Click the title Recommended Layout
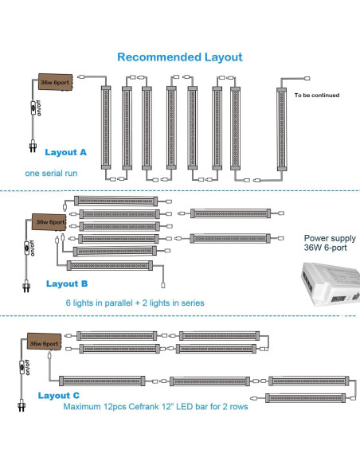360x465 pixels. pyautogui.click(x=180, y=57)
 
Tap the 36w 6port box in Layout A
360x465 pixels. pyautogui.click(x=55, y=82)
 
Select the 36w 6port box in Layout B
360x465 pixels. pyautogui.click(x=49, y=222)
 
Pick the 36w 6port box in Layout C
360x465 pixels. pyautogui.click(x=44, y=342)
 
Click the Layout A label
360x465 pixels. pyautogui.click(x=65, y=152)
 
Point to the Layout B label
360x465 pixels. pyautogui.click(x=67, y=283)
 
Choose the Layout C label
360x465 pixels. pyautogui.click(x=59, y=396)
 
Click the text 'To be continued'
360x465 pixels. pyautogui.click(x=317, y=96)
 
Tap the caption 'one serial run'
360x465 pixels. pyautogui.click(x=51, y=174)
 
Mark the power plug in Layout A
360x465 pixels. pyautogui.click(x=33, y=147)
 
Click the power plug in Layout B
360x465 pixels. pyautogui.click(x=26, y=286)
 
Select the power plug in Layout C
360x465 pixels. pyautogui.click(x=21, y=405)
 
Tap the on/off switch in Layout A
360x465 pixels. pyautogui.click(x=33, y=108)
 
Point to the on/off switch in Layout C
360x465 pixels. pyautogui.click(x=22, y=367)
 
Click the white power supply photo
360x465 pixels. pyautogui.click(x=331, y=283)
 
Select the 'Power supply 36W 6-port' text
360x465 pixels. pyautogui.click(x=330, y=243)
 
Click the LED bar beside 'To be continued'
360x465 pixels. pyautogui.click(x=281, y=129)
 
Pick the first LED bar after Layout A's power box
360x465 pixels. pyautogui.click(x=106, y=128)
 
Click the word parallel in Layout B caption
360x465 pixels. pyautogui.click(x=114, y=303)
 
